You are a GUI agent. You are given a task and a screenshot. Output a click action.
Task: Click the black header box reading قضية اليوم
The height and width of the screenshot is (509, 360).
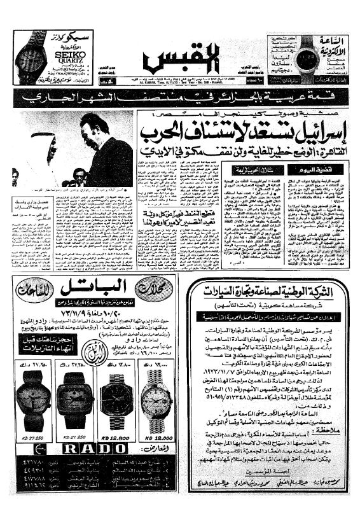pyautogui.click(x=307, y=171)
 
